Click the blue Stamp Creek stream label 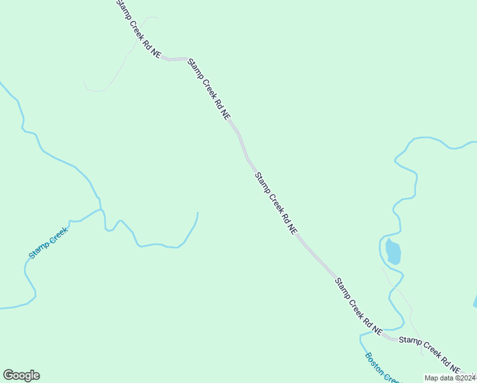tap(48, 243)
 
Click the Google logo tap(21, 375)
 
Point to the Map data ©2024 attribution tap(450, 378)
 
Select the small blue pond tap(393, 252)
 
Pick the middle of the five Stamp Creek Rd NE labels tap(275, 203)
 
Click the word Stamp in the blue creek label tap(38, 251)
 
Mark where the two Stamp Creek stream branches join tap(101, 209)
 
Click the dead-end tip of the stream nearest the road tap(198, 213)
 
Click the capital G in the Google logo tap(9, 375)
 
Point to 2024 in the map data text tap(466, 378)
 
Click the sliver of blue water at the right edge tap(475, 301)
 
